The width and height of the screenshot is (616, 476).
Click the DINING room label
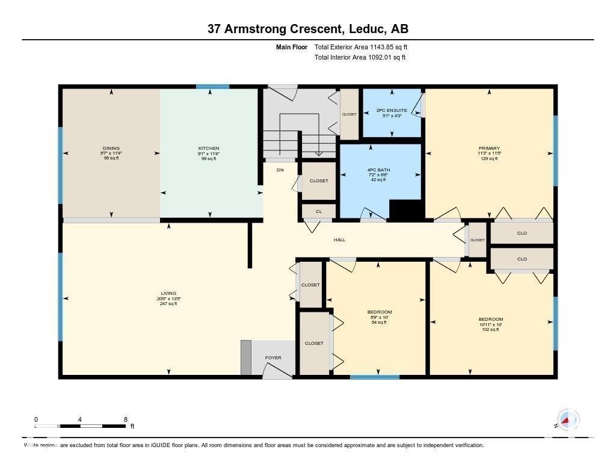(x=111, y=148)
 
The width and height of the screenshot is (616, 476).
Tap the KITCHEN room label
(x=209, y=148)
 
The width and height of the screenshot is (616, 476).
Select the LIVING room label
(x=168, y=294)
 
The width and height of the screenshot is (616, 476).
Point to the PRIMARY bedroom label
(x=489, y=148)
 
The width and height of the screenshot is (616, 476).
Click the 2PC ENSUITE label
(x=392, y=111)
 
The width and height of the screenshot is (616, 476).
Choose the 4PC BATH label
(x=379, y=170)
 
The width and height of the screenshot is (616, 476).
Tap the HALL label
(x=339, y=240)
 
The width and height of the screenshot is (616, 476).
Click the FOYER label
(x=273, y=358)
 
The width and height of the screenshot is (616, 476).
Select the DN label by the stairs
(x=280, y=170)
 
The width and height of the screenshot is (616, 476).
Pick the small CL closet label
(x=318, y=212)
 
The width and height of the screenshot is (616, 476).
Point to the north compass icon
(x=567, y=419)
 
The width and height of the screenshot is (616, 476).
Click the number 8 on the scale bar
(x=125, y=419)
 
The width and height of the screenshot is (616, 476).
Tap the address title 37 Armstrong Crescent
(x=308, y=29)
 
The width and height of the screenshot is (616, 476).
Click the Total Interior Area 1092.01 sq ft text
(x=360, y=58)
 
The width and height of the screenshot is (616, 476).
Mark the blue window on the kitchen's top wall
(x=212, y=87)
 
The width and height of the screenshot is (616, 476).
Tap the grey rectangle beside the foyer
(x=245, y=357)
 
